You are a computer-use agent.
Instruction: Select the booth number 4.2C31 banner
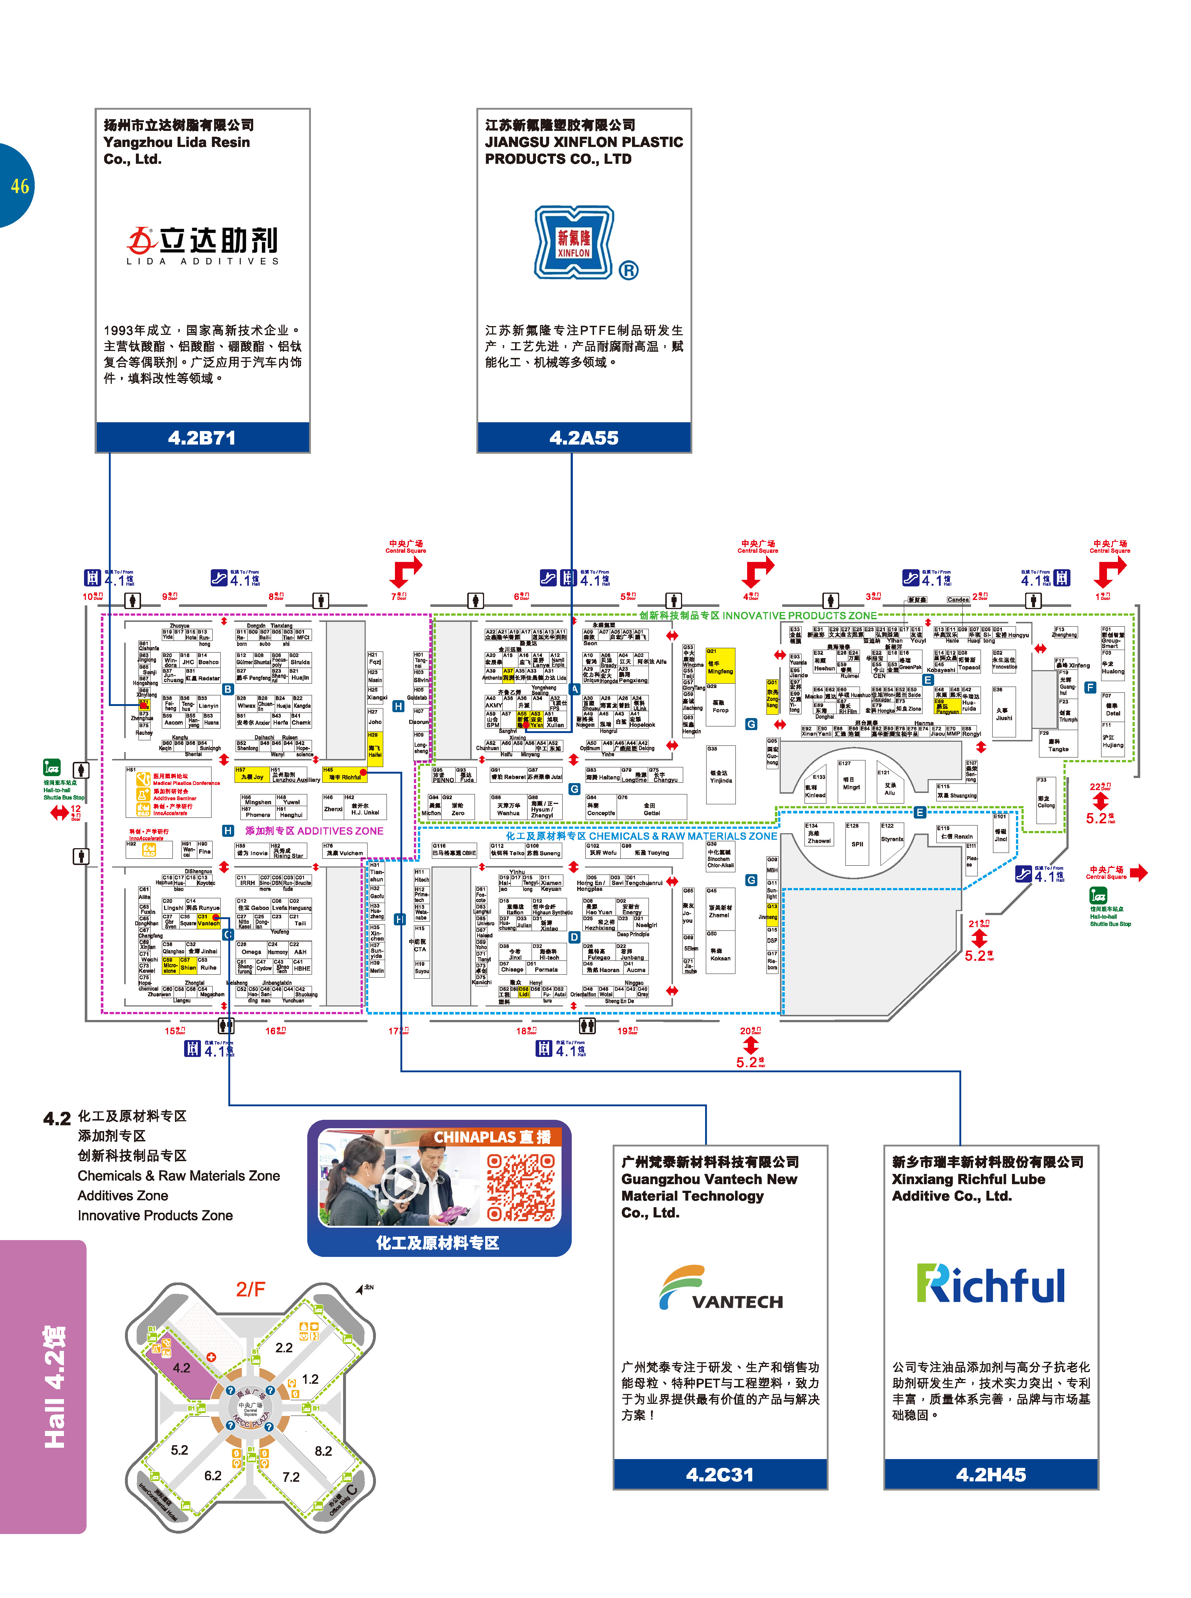[x=719, y=1474]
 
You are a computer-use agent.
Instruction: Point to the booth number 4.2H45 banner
[x=990, y=1474]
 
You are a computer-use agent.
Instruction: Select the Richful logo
[x=990, y=1284]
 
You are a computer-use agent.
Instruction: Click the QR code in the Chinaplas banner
[x=521, y=1187]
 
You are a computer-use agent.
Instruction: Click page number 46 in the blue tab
[x=19, y=186]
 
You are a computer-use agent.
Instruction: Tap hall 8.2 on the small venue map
[x=323, y=1450]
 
